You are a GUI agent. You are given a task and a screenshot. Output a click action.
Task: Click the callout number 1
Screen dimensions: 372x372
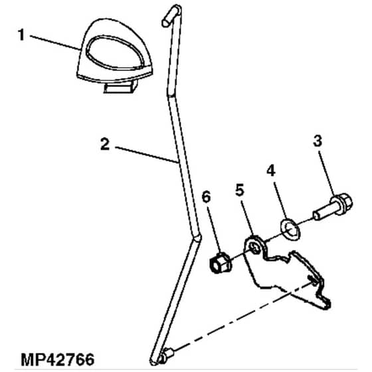[21, 35]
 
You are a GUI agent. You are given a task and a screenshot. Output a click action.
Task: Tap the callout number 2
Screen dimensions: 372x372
[105, 144]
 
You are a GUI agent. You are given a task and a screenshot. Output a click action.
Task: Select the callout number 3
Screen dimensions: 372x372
[318, 141]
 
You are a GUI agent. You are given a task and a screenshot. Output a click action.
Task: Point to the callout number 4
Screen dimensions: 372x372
[271, 171]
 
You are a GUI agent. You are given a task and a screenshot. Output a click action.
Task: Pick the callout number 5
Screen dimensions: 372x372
[240, 191]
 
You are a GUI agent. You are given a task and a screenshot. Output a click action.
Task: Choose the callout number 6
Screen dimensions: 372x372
[206, 197]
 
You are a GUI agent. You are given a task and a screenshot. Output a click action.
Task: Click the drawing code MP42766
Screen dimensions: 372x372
[58, 360]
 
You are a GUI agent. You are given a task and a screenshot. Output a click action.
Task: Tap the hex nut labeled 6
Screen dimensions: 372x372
[221, 263]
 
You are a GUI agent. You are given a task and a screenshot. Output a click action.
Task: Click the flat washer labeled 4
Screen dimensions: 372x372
[290, 229]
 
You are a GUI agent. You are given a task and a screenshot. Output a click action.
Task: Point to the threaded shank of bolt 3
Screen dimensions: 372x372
[324, 213]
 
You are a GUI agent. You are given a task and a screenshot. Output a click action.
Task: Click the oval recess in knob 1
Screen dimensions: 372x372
[116, 52]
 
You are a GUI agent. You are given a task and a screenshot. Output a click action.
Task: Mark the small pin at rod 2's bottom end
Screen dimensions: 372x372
[165, 355]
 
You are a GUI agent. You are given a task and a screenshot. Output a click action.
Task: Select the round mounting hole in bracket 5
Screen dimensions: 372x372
[255, 248]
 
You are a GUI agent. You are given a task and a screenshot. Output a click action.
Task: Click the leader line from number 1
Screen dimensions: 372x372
[56, 43]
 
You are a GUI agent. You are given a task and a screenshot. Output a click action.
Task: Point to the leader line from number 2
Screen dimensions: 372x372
[147, 155]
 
